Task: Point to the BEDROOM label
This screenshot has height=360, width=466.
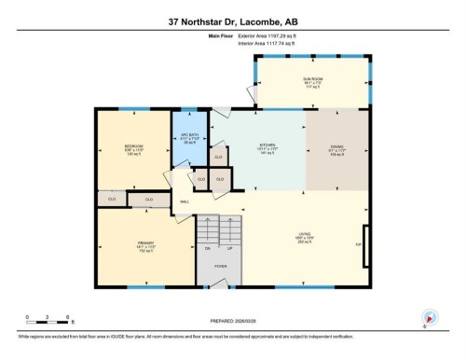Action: [x=134, y=146]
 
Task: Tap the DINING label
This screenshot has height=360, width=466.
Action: [x=338, y=146]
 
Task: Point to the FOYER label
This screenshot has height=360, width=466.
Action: [x=220, y=266]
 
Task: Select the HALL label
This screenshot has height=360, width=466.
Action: [x=184, y=201]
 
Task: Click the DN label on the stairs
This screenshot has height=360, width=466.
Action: [x=209, y=248]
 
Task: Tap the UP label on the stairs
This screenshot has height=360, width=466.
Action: [x=230, y=248]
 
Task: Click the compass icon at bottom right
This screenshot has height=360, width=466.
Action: [x=430, y=316]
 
